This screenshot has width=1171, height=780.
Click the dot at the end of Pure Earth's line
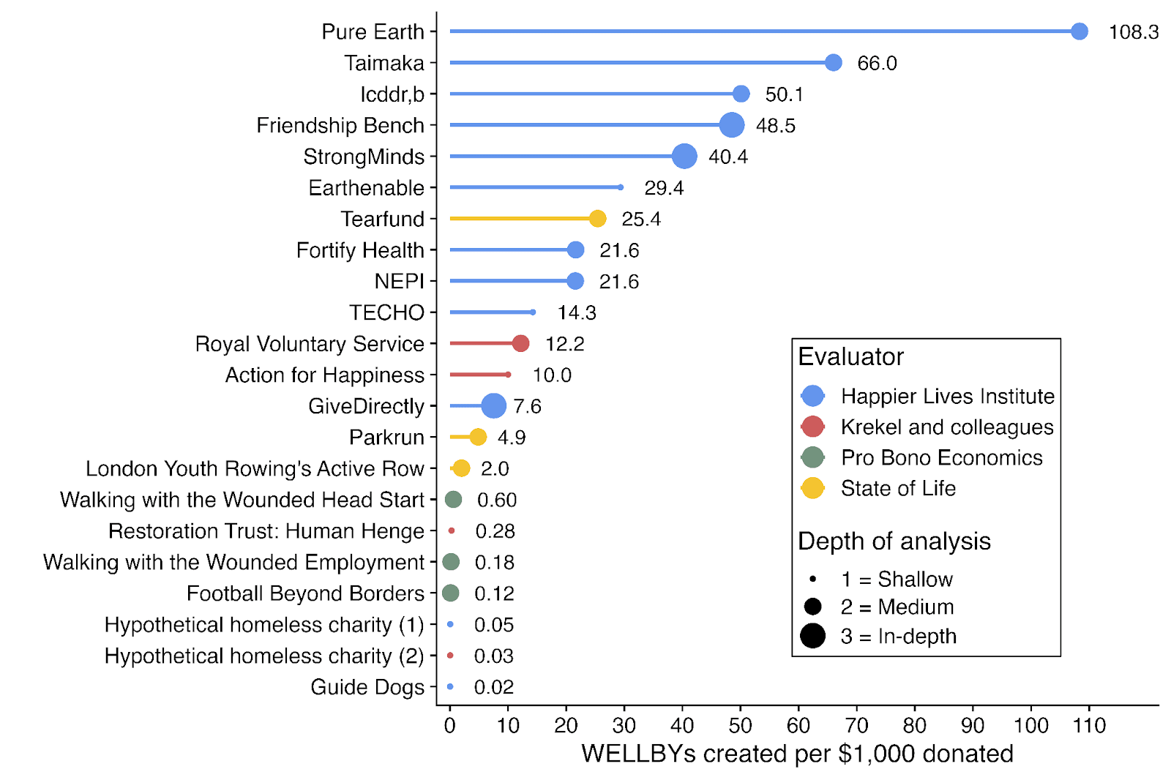click(x=1079, y=31)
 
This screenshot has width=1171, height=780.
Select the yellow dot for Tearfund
click(x=597, y=219)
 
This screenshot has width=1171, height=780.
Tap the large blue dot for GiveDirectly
click(x=493, y=405)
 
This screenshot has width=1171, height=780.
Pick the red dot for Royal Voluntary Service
click(x=520, y=343)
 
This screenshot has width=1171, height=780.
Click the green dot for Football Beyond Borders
click(x=451, y=593)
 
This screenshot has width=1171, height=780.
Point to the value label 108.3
click(x=1133, y=32)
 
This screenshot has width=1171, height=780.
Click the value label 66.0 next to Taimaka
click(x=877, y=64)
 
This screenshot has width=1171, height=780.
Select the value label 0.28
click(x=495, y=531)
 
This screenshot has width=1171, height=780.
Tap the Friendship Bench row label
click(x=340, y=126)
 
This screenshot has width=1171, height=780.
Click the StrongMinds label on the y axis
click(x=364, y=157)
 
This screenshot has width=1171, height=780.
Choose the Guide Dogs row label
click(x=367, y=687)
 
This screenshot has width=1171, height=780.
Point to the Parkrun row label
click(x=386, y=438)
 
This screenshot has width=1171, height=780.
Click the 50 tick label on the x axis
click(x=740, y=726)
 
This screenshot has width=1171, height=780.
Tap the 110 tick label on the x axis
click(x=1089, y=726)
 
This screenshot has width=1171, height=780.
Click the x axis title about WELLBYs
click(x=797, y=754)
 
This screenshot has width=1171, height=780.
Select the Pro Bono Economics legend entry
click(x=941, y=457)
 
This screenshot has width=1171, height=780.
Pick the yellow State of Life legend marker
click(x=812, y=488)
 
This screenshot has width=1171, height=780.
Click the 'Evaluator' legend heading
click(x=850, y=357)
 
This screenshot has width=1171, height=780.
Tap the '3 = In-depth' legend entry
click(x=898, y=637)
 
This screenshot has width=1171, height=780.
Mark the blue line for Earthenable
click(x=534, y=187)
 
